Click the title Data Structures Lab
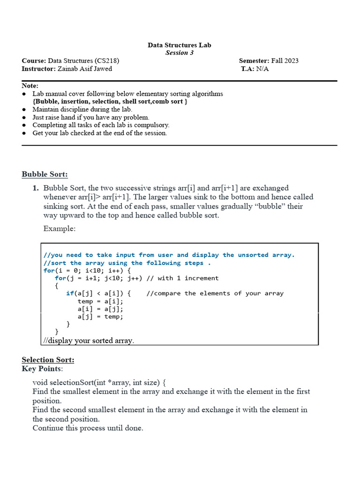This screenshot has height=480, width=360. [x=180, y=45]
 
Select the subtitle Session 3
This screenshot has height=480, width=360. [x=180, y=52]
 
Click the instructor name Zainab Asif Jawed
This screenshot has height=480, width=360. [x=85, y=68]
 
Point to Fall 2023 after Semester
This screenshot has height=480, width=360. [x=285, y=60]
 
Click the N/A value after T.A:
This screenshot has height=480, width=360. [x=262, y=68]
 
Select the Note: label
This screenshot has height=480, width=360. [x=30, y=86]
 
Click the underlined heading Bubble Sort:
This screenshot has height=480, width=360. [x=45, y=174]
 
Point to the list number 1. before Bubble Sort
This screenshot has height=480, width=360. [x=36, y=188]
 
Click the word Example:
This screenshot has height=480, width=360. [x=59, y=228]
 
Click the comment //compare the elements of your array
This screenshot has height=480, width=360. [x=215, y=293]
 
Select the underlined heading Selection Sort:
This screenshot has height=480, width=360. [x=48, y=360]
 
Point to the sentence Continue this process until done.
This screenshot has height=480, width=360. [x=88, y=428]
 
